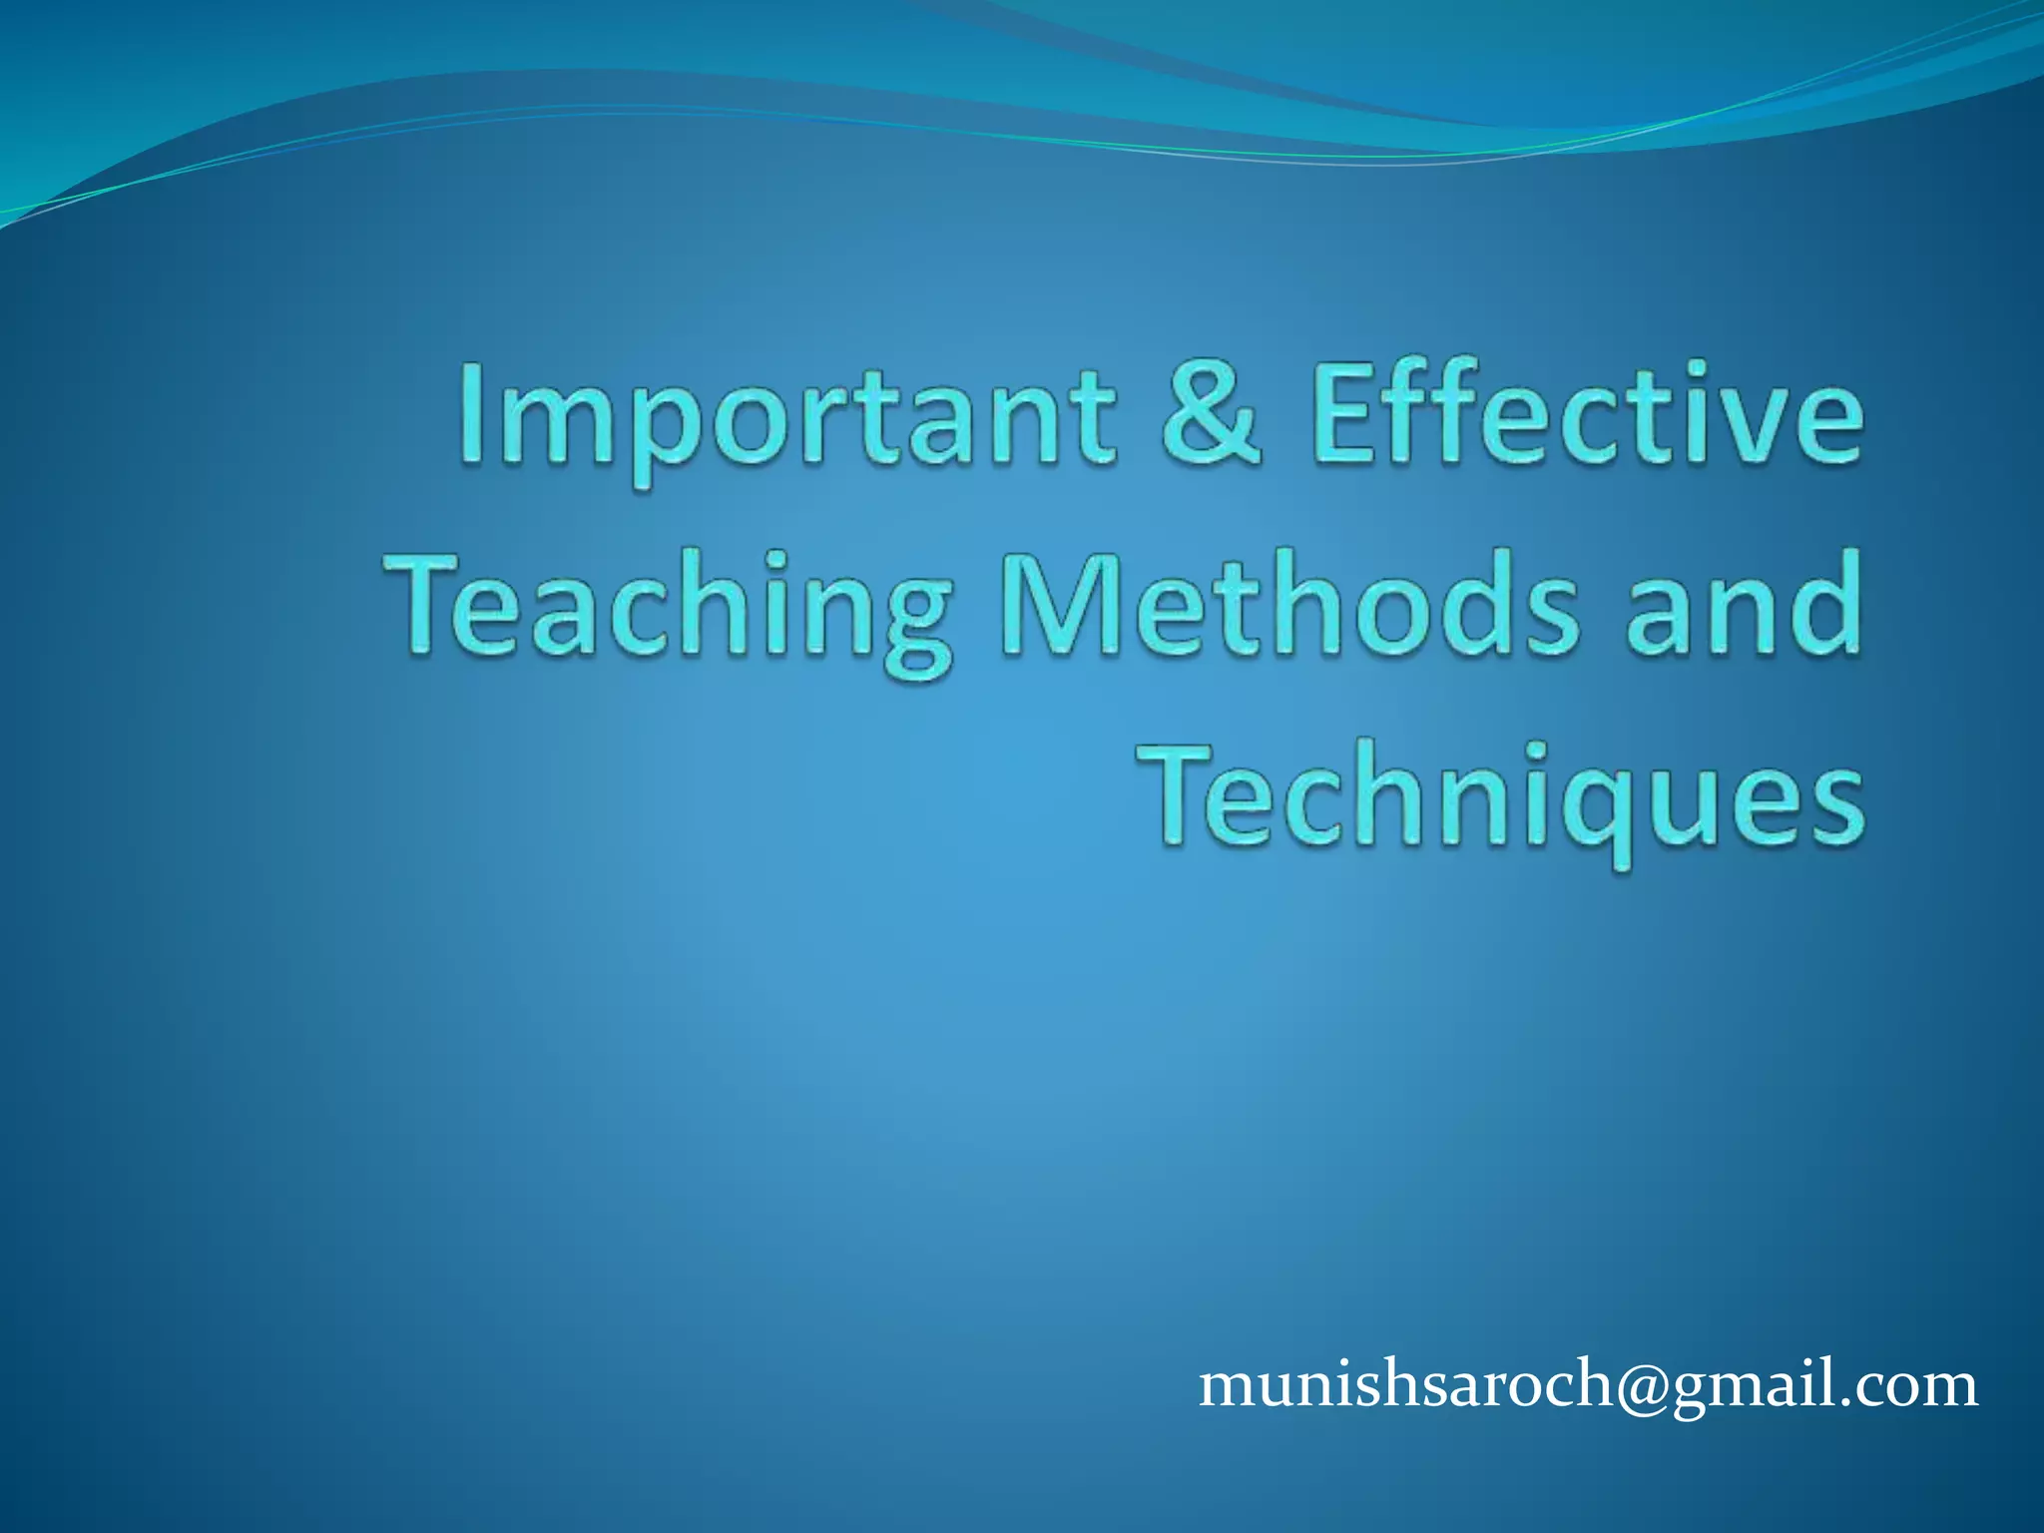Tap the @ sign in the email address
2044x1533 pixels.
click(1640, 1386)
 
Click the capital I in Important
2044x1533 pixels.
click(475, 414)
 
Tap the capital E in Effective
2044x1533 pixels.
click(1348, 414)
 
